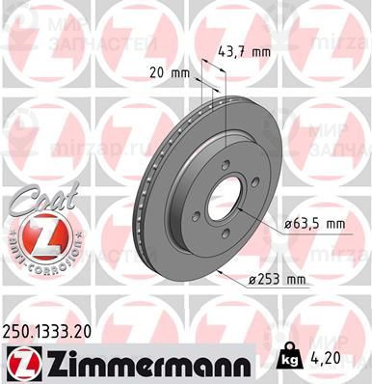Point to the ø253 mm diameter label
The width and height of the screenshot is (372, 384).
(x=278, y=281)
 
